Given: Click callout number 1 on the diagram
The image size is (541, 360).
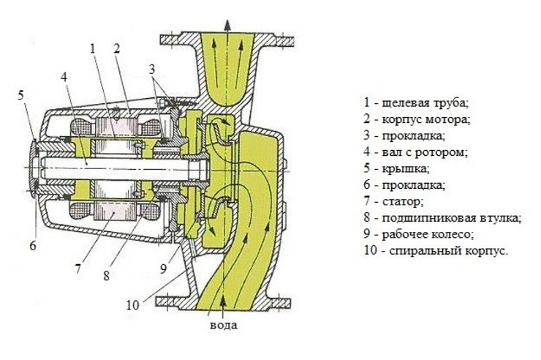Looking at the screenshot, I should click(93, 49).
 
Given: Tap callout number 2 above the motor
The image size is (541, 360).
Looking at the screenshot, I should click(116, 49).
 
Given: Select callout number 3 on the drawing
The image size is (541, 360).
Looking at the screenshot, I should click(152, 70).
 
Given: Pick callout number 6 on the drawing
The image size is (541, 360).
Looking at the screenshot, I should click(32, 245).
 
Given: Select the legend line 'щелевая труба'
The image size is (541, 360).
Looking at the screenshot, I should click(414, 102).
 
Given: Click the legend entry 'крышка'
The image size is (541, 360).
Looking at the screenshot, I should click(399, 169).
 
